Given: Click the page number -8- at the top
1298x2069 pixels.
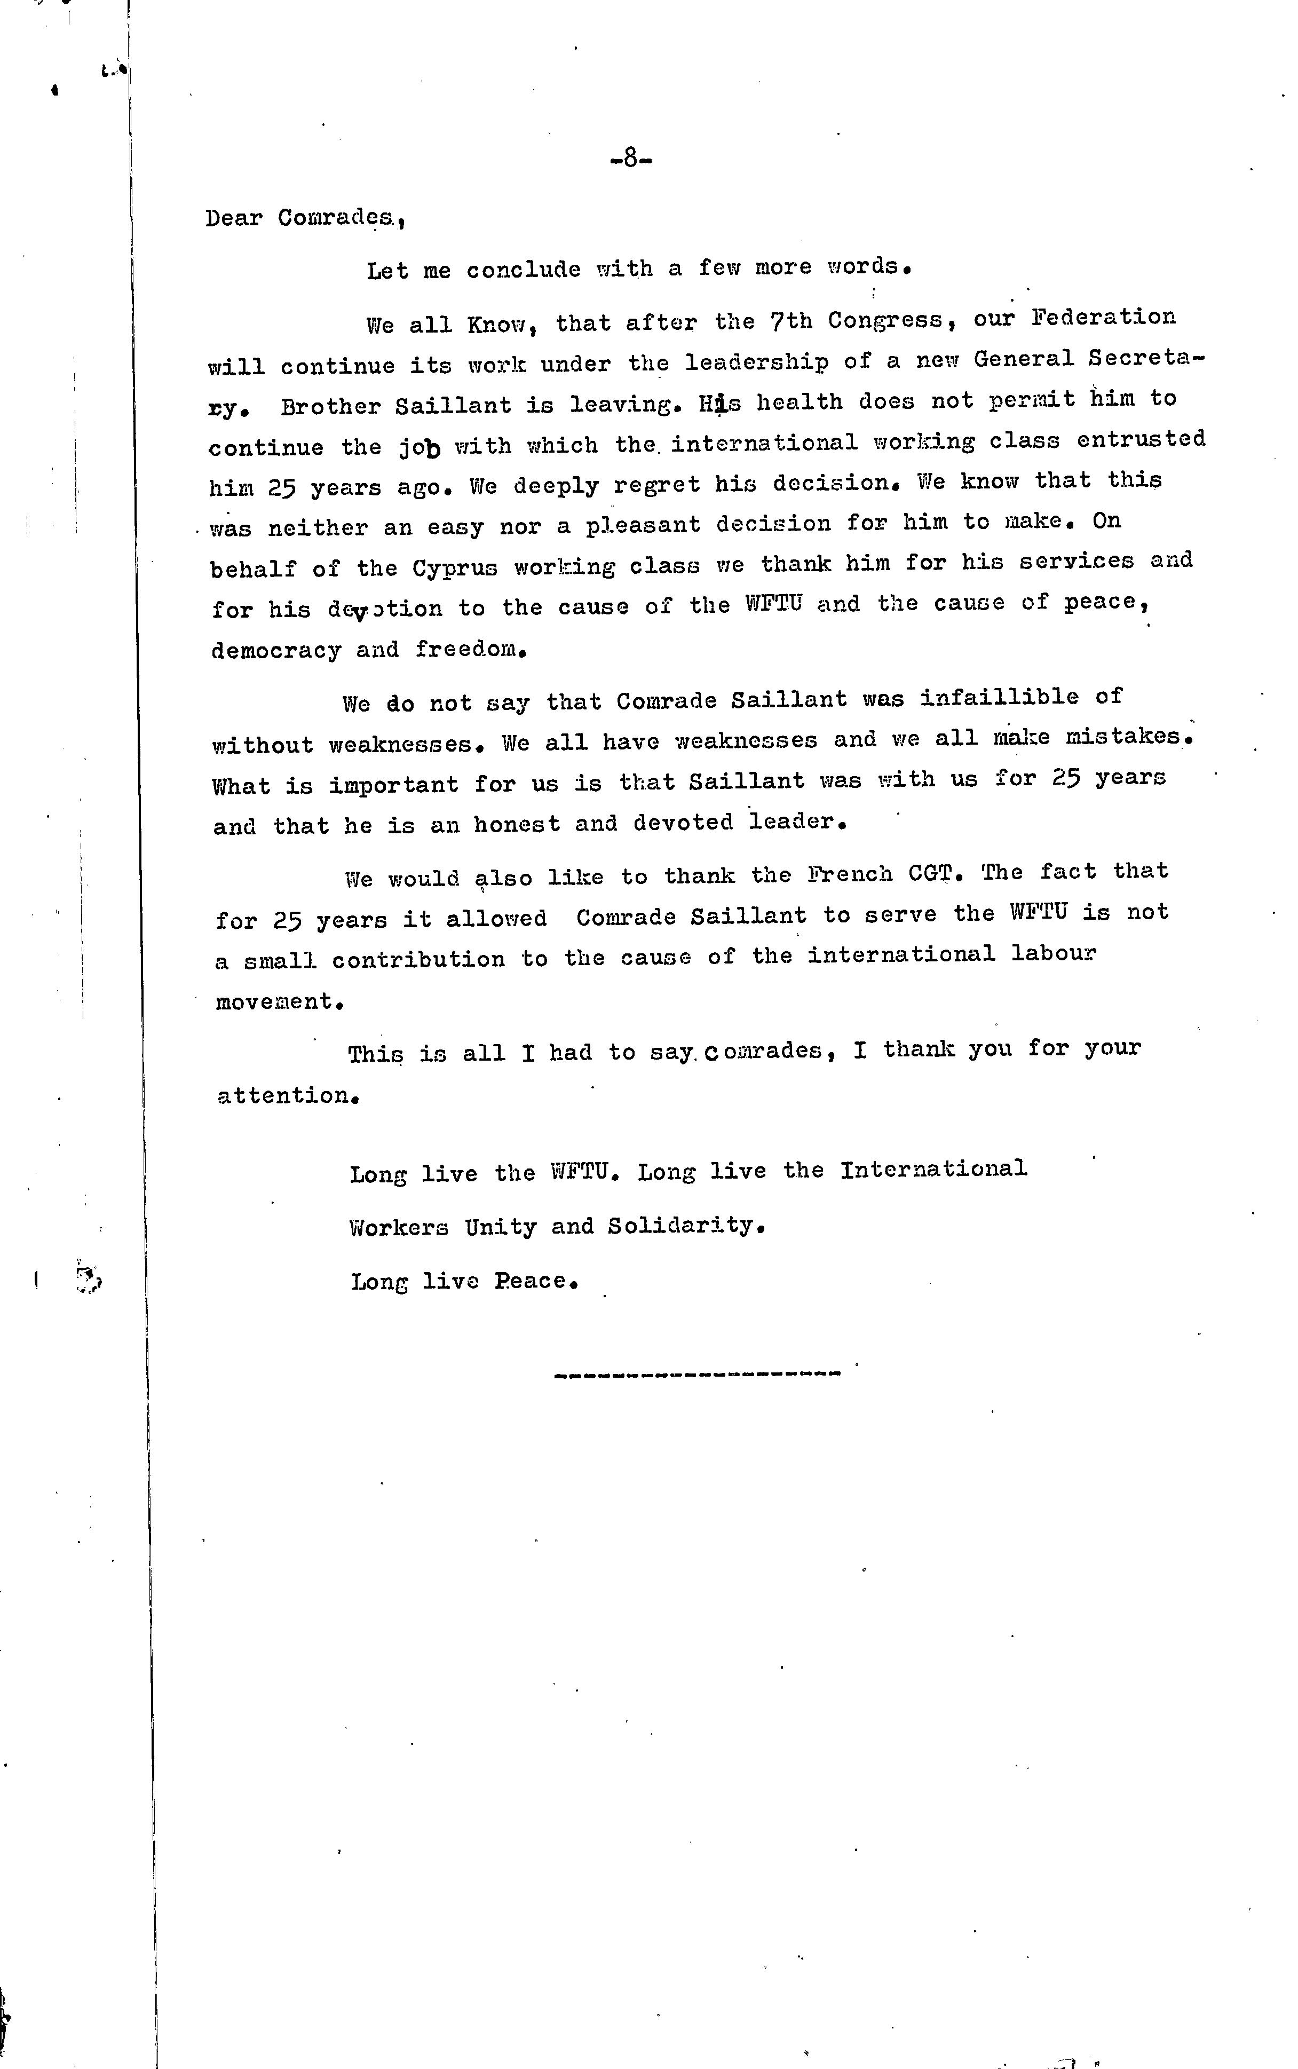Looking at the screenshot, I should (631, 159).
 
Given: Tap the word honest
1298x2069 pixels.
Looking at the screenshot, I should (516, 824).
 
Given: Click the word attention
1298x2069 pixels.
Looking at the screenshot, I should (284, 1095).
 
